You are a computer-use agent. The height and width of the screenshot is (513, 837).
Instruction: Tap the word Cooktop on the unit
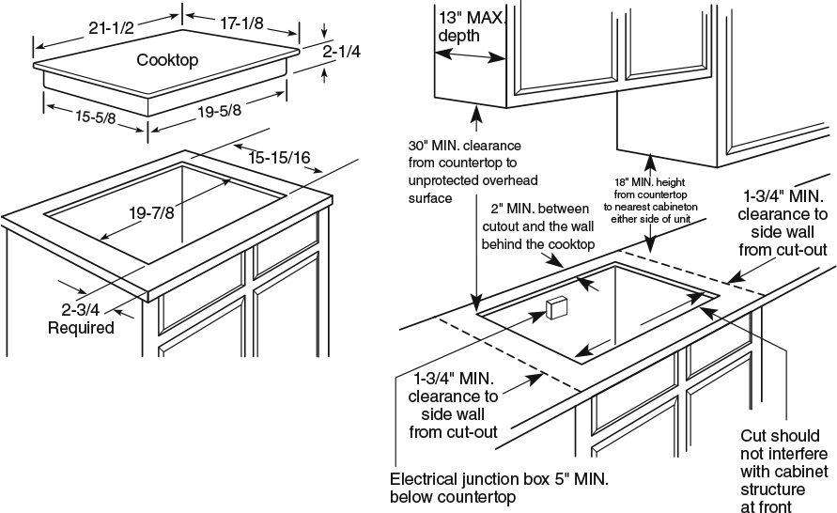(x=167, y=60)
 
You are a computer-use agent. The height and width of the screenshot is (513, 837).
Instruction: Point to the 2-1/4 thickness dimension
(x=341, y=53)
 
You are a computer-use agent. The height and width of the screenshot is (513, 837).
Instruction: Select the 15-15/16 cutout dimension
(x=280, y=158)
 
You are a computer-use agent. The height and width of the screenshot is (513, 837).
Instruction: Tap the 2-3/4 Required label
(x=82, y=318)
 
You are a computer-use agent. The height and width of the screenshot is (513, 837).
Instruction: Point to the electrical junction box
(x=555, y=309)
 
